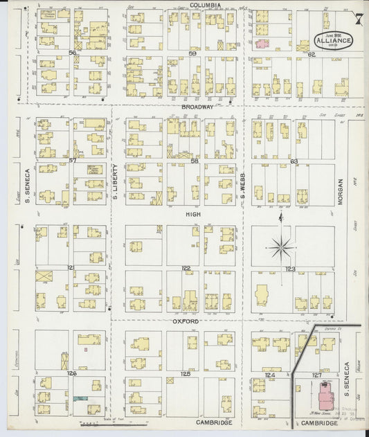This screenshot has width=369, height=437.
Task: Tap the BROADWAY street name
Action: click(x=197, y=107)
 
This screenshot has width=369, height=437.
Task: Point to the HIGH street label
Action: click(x=192, y=215)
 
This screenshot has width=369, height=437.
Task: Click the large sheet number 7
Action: click(x=358, y=19)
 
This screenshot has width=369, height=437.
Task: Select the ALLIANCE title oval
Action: click(x=335, y=39)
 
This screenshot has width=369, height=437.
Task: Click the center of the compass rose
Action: click(x=280, y=244)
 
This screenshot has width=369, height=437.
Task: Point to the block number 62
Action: click(x=312, y=54)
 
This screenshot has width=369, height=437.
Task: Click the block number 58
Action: click(x=195, y=161)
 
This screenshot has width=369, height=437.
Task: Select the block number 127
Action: click(x=316, y=375)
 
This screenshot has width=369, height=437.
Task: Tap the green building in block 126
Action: click(x=82, y=398)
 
